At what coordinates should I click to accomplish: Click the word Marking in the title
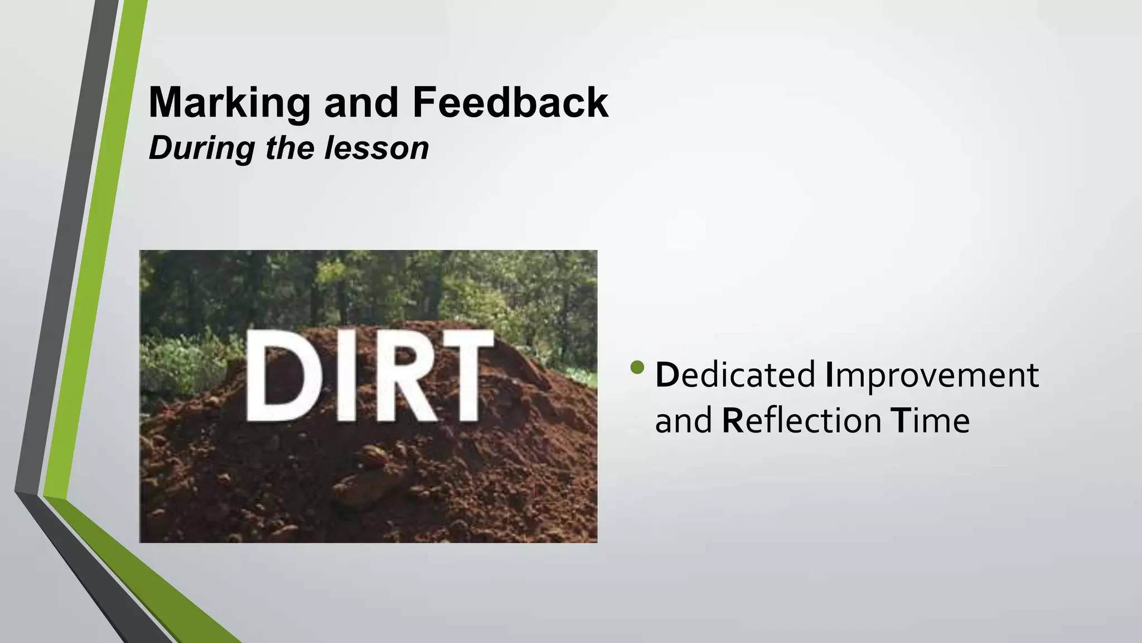click(229, 103)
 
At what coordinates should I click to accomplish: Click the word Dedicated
click(735, 375)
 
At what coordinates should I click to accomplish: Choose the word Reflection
click(801, 420)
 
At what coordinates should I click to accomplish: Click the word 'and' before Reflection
click(683, 421)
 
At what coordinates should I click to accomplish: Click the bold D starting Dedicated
click(666, 375)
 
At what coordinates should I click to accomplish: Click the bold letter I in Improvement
click(829, 375)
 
